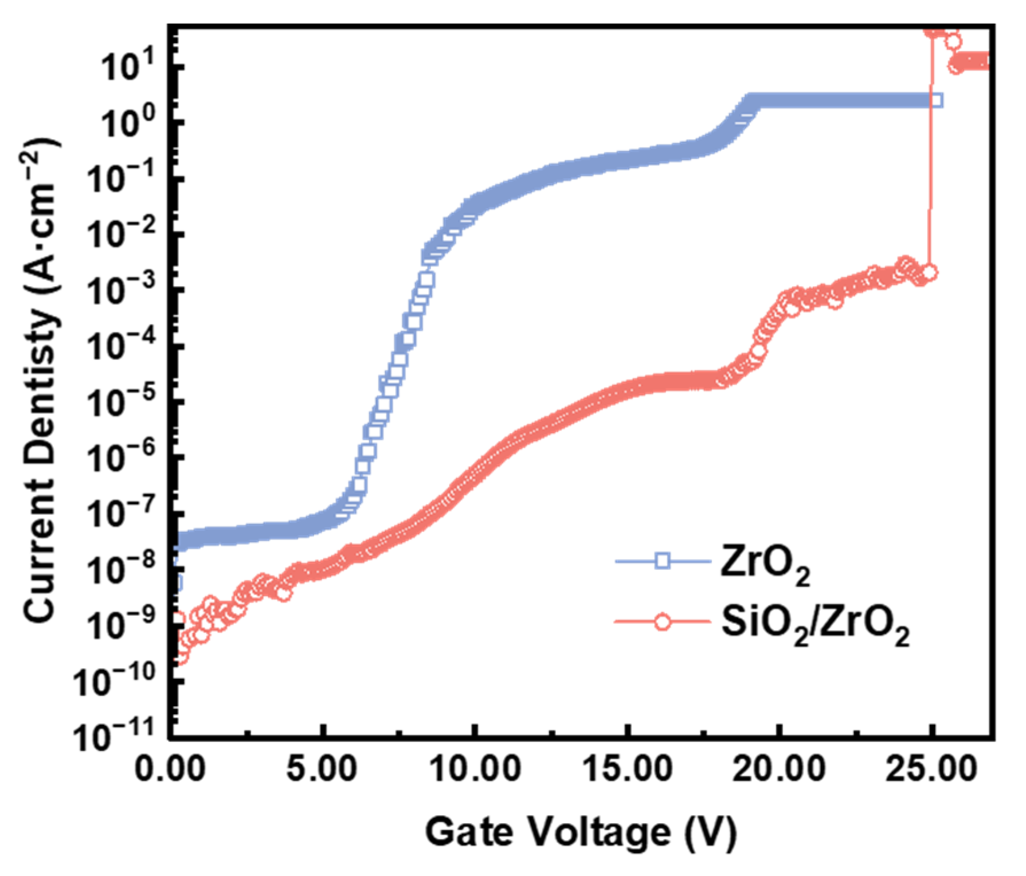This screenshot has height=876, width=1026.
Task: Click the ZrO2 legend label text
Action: point(765,564)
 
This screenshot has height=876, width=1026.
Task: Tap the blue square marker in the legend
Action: point(663,560)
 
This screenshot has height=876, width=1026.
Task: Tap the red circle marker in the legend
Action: point(663,622)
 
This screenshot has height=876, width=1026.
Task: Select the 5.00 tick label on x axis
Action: point(322,769)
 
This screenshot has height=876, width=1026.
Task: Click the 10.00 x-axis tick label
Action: point(475,769)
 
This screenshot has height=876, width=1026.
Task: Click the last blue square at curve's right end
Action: point(935,101)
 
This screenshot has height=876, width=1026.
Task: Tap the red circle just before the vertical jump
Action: point(930,272)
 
